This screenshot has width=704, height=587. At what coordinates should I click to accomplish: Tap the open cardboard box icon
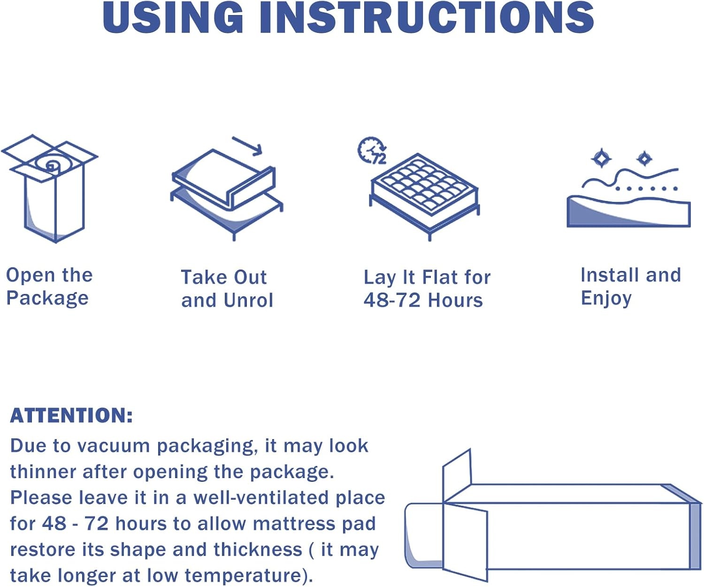(50, 188)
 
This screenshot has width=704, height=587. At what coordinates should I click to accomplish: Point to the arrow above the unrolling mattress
(247, 146)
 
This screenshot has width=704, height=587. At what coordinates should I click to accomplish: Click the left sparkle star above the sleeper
(601, 158)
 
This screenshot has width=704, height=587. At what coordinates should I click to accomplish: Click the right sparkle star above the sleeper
(644, 159)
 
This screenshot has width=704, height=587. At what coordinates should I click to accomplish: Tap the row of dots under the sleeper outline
(646, 189)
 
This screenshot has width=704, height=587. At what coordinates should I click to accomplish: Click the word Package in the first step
(47, 299)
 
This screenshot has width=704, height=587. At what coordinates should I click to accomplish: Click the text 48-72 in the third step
(392, 300)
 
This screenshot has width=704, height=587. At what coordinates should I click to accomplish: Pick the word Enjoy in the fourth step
(606, 299)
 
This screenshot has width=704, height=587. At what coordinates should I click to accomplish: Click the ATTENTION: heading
(71, 415)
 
